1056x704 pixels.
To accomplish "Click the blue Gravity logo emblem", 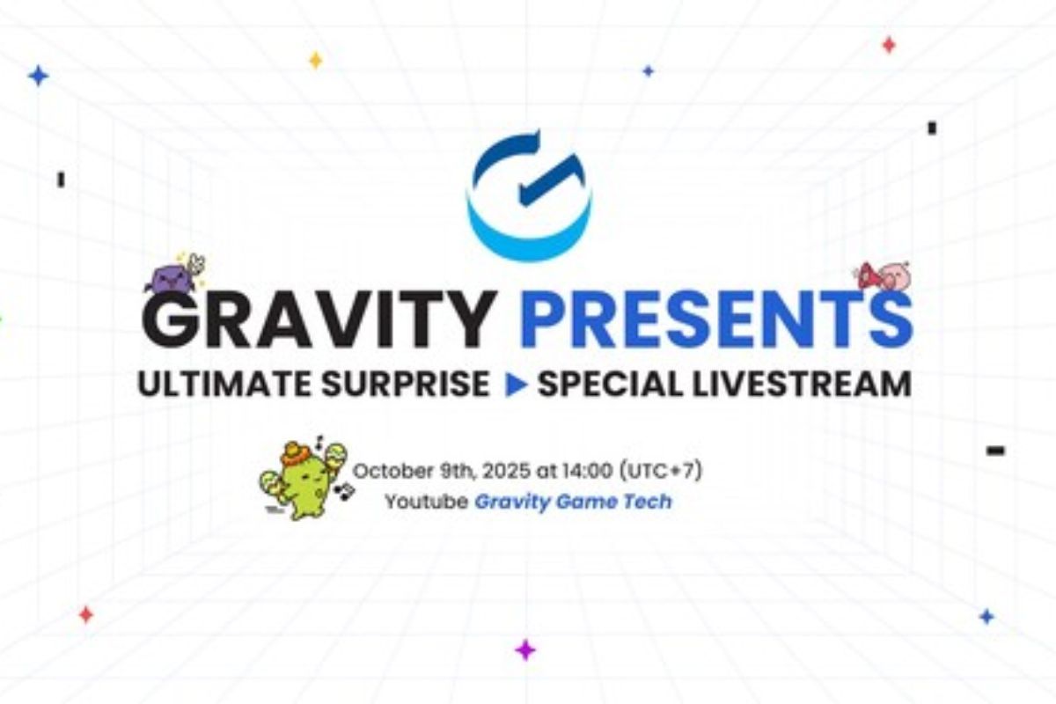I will (529, 195).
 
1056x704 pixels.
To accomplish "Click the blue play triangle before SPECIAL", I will (516, 385).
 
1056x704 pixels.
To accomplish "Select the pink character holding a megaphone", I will (885, 275).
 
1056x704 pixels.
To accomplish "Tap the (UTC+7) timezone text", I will (660, 472).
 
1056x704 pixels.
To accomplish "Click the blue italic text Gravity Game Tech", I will (573, 502).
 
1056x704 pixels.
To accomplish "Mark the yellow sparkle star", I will (315, 60).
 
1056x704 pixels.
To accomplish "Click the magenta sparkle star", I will (525, 650).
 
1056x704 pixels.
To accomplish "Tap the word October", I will (385, 472).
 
